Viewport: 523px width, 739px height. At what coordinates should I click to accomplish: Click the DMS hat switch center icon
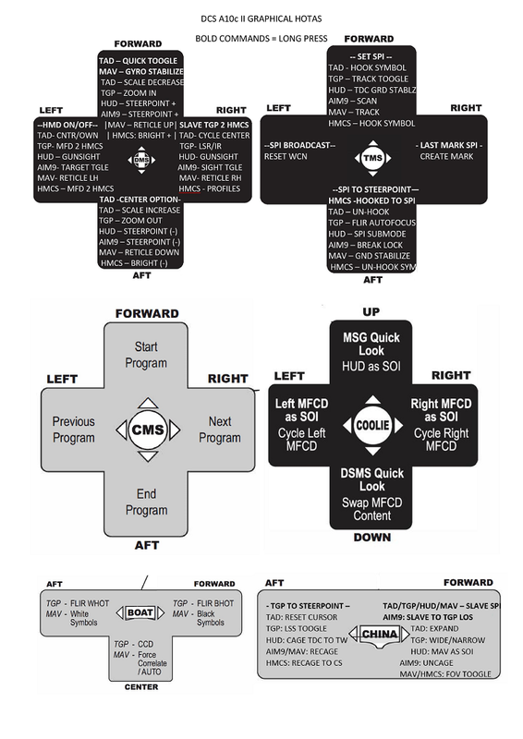click(x=141, y=160)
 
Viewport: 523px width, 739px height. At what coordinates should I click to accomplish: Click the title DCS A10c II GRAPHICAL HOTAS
click(x=261, y=17)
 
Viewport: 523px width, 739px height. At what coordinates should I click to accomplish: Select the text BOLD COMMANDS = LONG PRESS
click(x=261, y=38)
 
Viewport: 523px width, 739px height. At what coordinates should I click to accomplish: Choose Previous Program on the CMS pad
click(x=73, y=430)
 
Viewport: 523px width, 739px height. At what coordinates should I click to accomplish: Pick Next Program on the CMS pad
click(x=219, y=430)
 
